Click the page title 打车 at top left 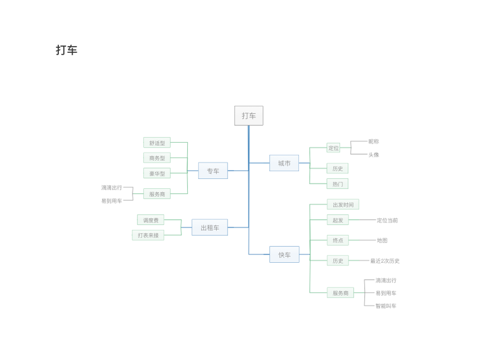point(67,50)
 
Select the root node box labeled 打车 point(248,116)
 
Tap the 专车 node point(213,171)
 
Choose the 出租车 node point(209,227)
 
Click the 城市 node point(284,163)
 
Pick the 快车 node point(284,254)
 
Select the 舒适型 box point(157,143)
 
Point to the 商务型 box point(157,158)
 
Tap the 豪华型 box point(157,173)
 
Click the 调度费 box point(151,220)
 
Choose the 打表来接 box point(148,235)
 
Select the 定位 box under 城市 point(333,148)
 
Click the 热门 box point(337,184)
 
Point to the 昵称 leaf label point(373,142)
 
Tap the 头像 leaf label point(373,155)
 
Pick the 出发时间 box point(343,205)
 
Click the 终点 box point(337,240)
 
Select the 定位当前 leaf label point(387,220)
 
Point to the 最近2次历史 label point(385,261)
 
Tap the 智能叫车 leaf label point(386,306)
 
